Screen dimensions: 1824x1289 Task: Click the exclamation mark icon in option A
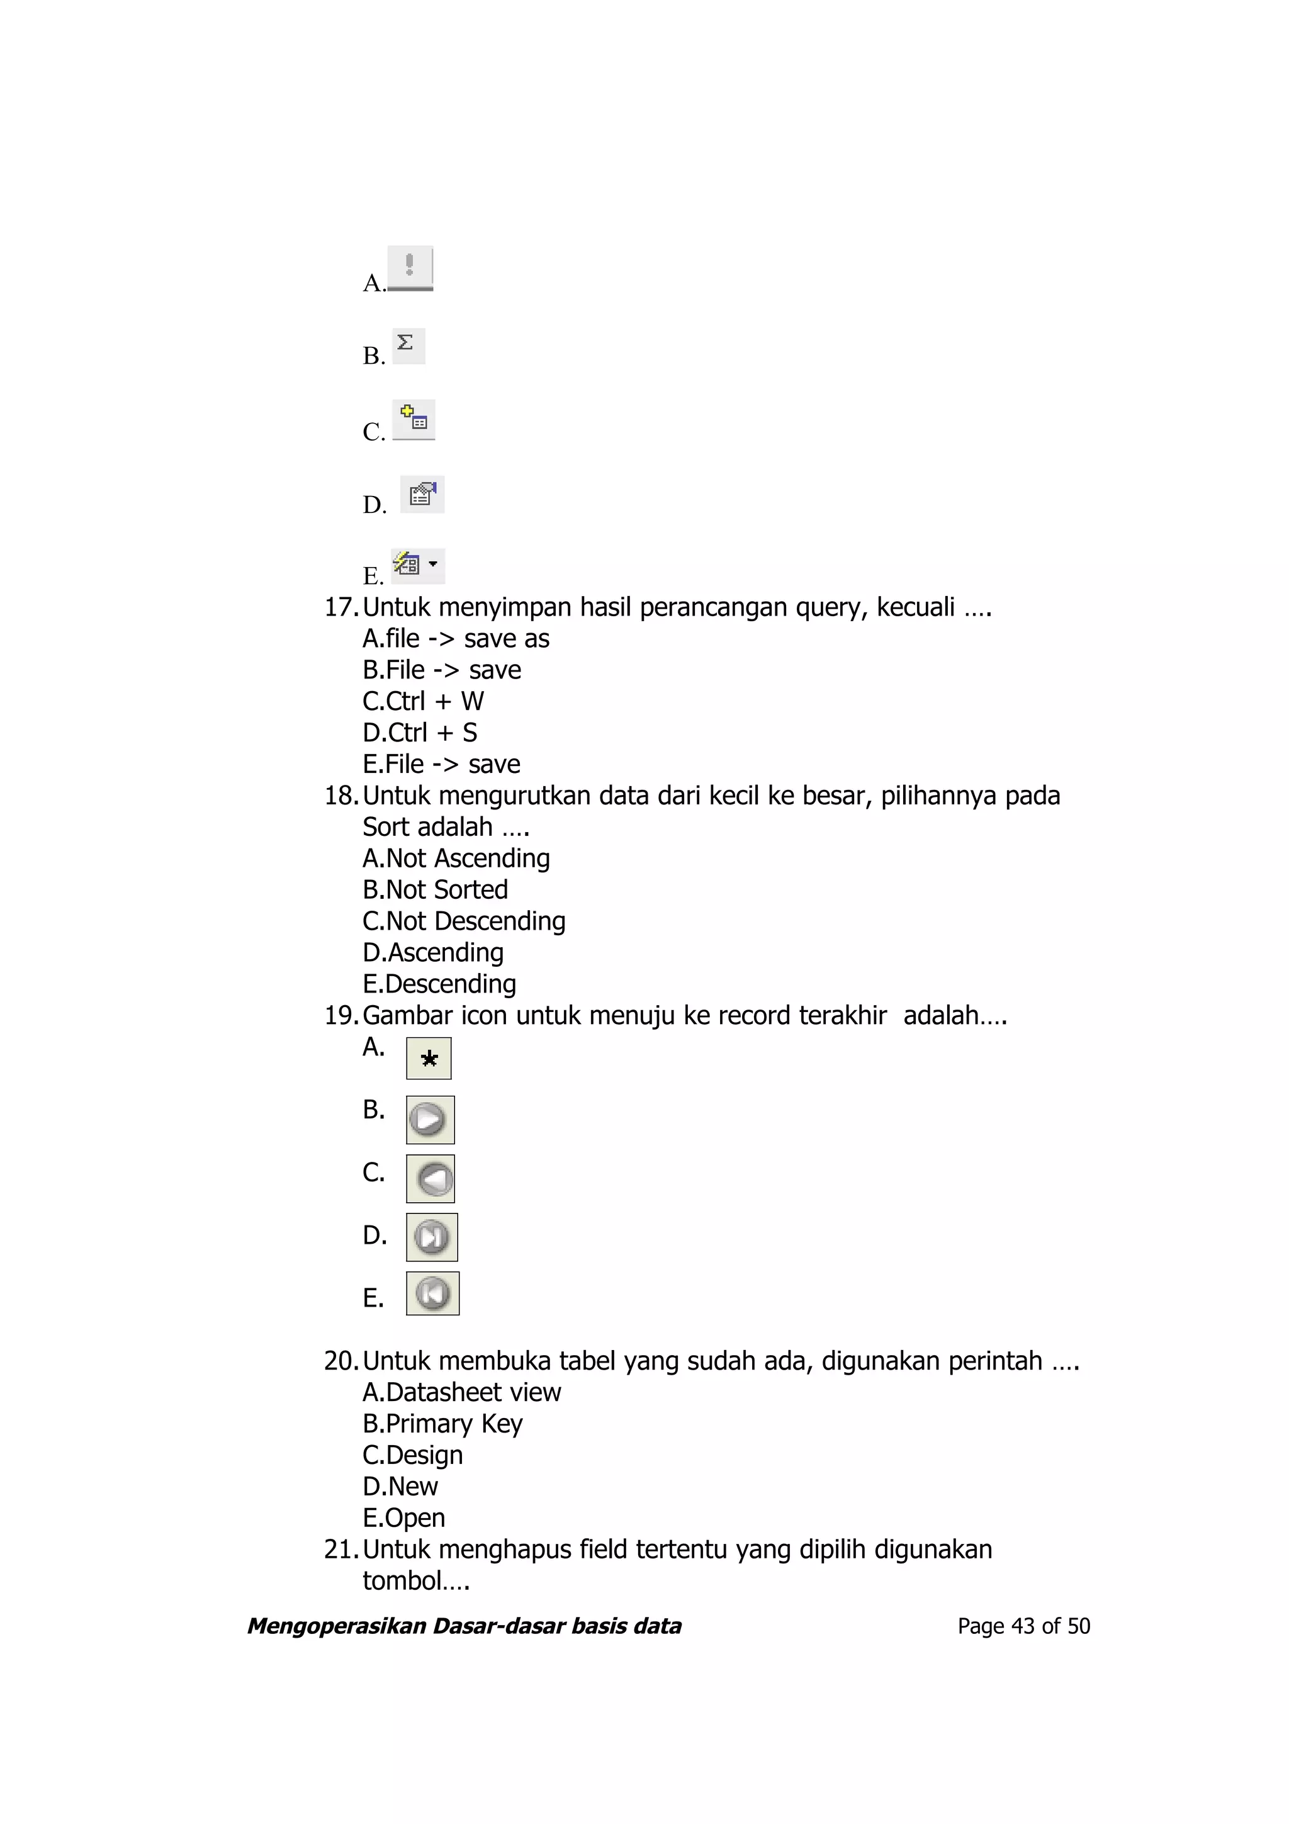[410, 267]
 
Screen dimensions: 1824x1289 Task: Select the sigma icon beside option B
[408, 345]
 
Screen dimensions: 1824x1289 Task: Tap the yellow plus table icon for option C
[414, 419]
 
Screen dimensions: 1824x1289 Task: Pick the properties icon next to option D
[422, 494]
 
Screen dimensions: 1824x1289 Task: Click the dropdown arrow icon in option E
[433, 564]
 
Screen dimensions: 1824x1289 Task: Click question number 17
[342, 607]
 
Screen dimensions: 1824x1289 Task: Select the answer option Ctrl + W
[424, 701]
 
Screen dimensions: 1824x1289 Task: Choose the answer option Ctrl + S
[420, 733]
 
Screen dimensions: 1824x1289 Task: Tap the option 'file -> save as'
[456, 638]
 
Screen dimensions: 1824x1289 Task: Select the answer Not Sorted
[435, 890]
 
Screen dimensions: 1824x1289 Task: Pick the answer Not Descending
[464, 921]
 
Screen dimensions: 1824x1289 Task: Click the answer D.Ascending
[433, 952]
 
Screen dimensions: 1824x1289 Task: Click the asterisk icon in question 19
[429, 1058]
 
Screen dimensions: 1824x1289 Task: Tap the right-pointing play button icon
[430, 1119]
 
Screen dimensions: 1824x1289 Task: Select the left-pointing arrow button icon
[431, 1178]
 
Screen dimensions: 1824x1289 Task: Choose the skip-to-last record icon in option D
[431, 1237]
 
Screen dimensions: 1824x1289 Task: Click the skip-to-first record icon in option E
[432, 1293]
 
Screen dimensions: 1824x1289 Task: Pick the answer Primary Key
[442, 1424]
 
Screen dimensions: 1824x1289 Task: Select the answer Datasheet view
[461, 1392]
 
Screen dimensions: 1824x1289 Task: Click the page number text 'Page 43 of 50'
[1023, 1626]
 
